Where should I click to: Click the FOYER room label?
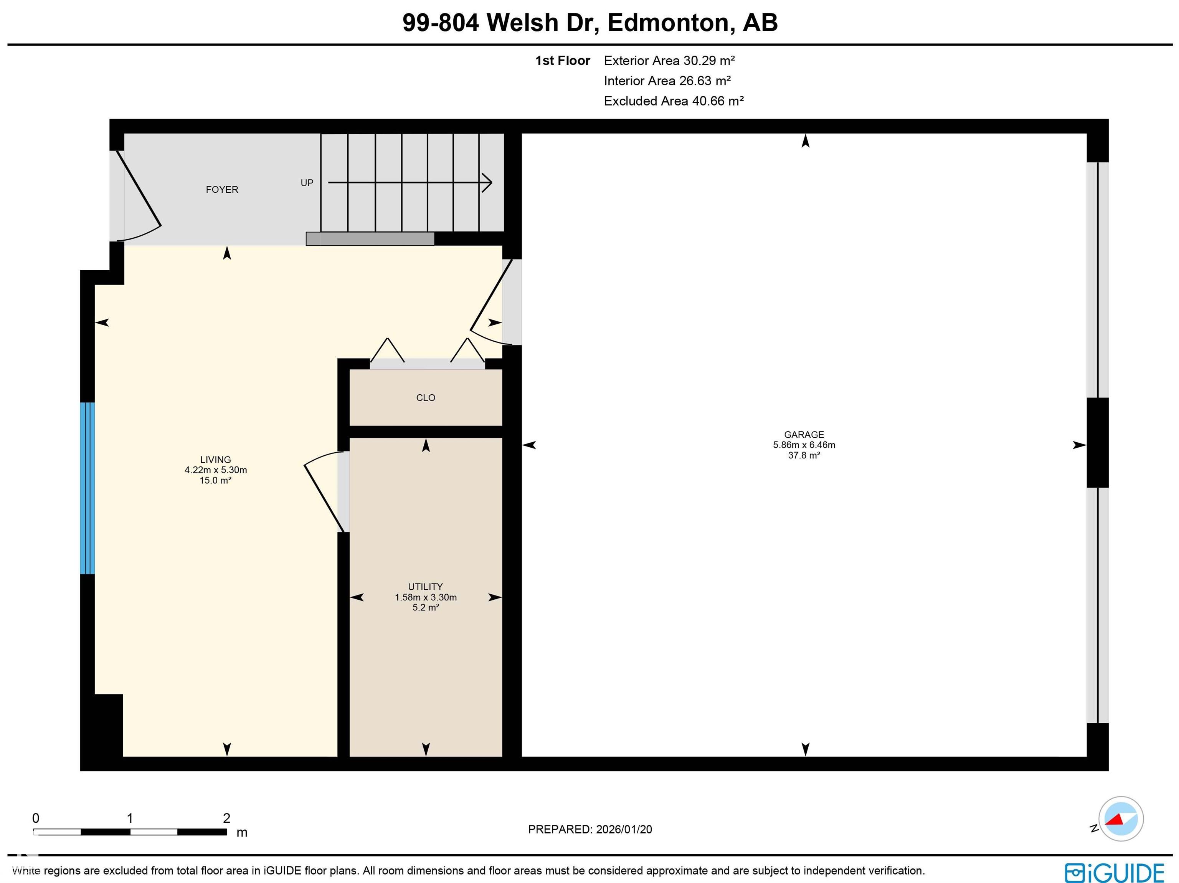coord(222,189)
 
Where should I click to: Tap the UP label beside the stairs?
coord(307,183)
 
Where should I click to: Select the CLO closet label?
coord(425,398)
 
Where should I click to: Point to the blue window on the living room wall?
coord(88,488)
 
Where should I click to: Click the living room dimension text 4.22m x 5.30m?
coord(215,470)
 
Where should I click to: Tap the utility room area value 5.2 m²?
coord(425,607)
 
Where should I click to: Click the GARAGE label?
coord(804,435)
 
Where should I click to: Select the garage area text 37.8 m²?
coord(804,455)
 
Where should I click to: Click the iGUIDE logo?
coord(1114,873)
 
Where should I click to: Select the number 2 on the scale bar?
coord(226,818)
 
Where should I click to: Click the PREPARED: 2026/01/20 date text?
coord(589,829)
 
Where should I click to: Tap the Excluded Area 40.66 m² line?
coord(673,101)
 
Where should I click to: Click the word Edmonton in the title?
coord(668,22)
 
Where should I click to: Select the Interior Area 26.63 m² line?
coord(667,81)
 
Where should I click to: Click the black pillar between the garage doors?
coord(1098,443)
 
